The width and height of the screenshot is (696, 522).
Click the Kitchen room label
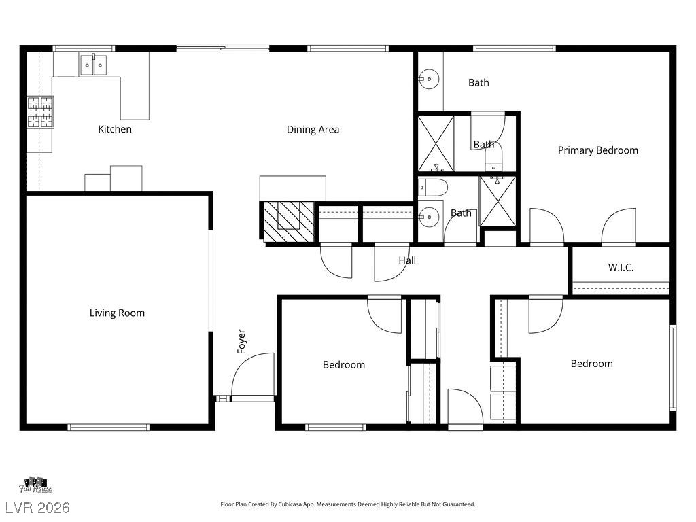tap(114, 129)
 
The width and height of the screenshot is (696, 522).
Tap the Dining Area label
tap(313, 130)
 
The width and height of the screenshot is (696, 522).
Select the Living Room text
tap(117, 313)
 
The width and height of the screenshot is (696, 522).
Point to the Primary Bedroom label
tap(598, 150)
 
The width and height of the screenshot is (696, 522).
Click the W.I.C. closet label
tap(621, 267)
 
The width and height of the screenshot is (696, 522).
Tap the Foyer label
tap(241, 341)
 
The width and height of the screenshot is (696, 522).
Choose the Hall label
tap(407, 260)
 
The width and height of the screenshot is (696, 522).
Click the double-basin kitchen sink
tap(93, 65)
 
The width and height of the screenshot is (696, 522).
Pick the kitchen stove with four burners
tap(40, 112)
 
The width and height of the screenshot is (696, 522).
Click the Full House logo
tap(35, 485)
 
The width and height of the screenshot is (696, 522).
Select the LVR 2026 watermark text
tap(38, 508)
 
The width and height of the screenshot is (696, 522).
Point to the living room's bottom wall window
tap(108, 427)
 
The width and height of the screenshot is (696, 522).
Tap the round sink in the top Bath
tap(429, 80)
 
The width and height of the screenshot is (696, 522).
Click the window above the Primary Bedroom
tap(515, 48)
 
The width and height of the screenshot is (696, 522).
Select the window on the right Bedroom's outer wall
tap(673, 368)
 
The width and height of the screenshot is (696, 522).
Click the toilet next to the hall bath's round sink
tap(432, 188)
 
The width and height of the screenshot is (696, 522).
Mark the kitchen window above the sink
tap(84, 48)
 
